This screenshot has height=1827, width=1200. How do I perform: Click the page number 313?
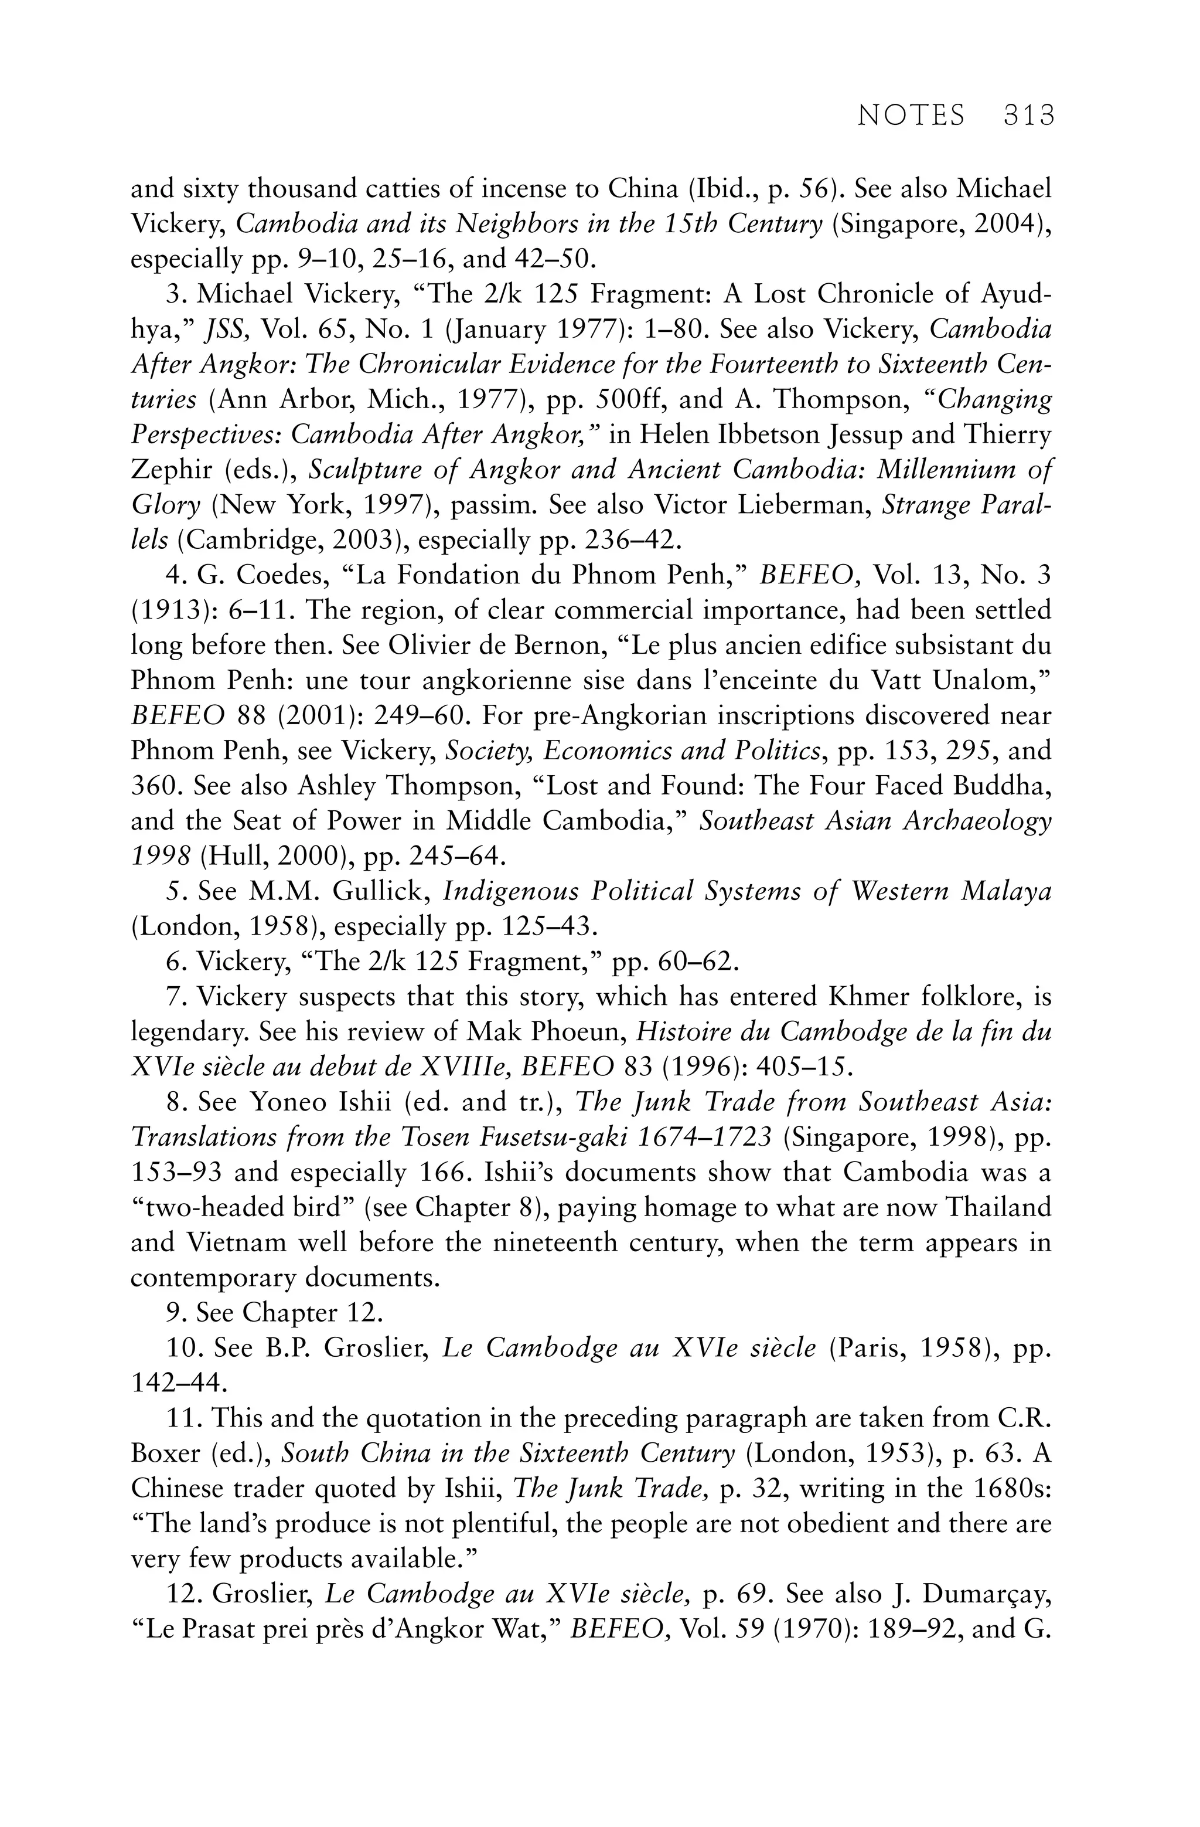click(1028, 116)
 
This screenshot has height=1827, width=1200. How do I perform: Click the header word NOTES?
click(911, 116)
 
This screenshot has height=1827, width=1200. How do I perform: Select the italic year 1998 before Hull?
click(159, 856)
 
